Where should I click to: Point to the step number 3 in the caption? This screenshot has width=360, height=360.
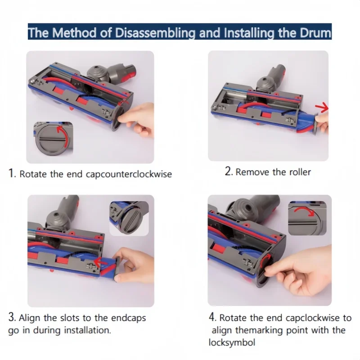12,317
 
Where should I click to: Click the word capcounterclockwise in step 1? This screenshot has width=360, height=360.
129,174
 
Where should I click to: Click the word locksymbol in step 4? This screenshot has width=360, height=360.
232,342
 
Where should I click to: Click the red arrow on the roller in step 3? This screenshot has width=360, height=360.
100,262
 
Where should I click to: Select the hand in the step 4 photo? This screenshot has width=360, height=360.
299,271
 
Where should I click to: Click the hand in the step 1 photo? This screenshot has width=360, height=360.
136,119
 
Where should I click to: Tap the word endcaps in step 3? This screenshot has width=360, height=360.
129,318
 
